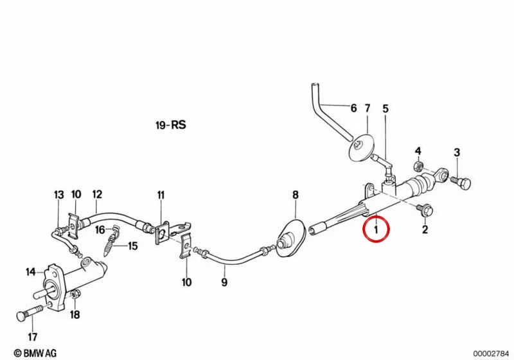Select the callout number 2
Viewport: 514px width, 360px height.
[425, 230]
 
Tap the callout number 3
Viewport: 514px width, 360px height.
[457, 152]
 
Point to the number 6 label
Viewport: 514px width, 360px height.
[353, 108]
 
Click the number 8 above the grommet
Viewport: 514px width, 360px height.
[296, 195]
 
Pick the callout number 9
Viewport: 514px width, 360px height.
[224, 282]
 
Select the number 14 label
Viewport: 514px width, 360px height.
[30, 272]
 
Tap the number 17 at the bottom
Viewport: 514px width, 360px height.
[33, 336]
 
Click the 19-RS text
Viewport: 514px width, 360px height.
[171, 125]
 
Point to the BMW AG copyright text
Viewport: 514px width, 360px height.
[35, 353]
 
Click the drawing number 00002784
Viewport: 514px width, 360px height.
[491, 353]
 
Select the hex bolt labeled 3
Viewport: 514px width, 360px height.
[461, 183]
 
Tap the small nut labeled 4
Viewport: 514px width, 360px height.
[418, 166]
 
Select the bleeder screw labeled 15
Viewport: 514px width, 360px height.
[110, 241]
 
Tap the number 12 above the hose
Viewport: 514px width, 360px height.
[97, 194]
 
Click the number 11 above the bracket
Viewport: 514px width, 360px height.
[161, 195]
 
